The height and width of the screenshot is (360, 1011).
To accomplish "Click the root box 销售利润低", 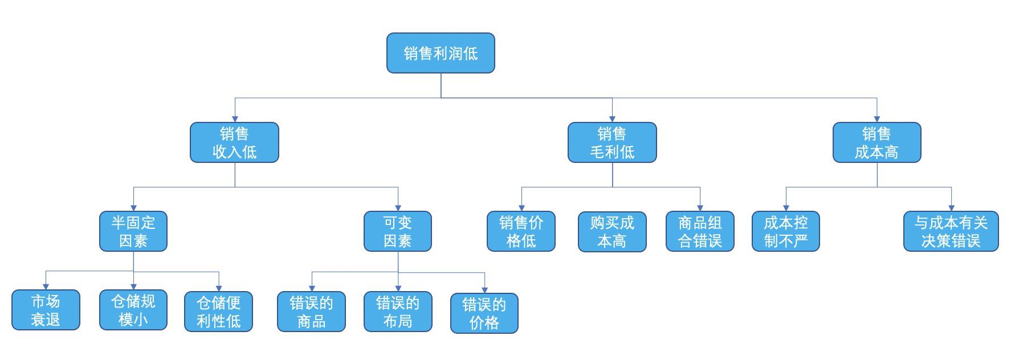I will [441, 53].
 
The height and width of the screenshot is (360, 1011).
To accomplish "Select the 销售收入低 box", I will [234, 142].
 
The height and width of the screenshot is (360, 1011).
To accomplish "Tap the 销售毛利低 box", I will [612, 142].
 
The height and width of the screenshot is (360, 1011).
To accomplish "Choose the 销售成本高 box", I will [877, 142].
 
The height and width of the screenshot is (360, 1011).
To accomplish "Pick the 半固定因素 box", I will [133, 231].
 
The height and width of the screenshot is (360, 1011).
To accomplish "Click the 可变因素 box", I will [398, 231].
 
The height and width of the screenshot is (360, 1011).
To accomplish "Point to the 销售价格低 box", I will [521, 231].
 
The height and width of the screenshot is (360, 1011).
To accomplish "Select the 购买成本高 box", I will [612, 231].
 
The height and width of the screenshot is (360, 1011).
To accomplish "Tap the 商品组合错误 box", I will [700, 231].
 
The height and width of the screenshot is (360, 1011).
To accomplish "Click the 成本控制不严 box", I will [786, 231].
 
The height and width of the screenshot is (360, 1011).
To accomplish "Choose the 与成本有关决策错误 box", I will [951, 231].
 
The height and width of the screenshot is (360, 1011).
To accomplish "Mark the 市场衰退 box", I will [46, 310].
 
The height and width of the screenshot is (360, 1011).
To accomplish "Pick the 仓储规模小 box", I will [133, 310].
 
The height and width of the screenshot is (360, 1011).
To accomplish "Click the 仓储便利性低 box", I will [218, 311].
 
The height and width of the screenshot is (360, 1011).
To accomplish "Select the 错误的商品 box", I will [311, 312].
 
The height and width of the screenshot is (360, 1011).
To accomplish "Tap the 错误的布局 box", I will [398, 312].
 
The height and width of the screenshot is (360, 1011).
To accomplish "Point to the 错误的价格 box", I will [484, 313].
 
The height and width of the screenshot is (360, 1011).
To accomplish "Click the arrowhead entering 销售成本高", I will [877, 118].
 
